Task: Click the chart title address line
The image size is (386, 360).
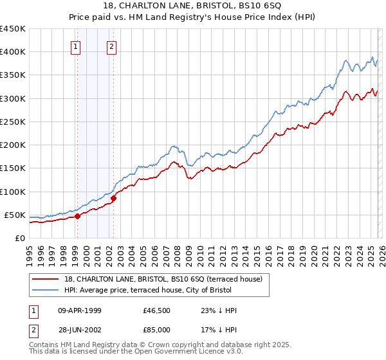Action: point(193,6)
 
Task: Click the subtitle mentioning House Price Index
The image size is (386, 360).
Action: point(193,17)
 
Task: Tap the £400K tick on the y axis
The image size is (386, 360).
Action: point(13,52)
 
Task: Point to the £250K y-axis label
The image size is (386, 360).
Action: point(13,122)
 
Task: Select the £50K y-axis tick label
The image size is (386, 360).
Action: point(15,215)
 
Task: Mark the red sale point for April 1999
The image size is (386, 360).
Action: point(77,216)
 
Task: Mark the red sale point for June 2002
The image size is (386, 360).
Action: point(114,199)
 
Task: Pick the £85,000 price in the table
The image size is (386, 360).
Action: point(156,331)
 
